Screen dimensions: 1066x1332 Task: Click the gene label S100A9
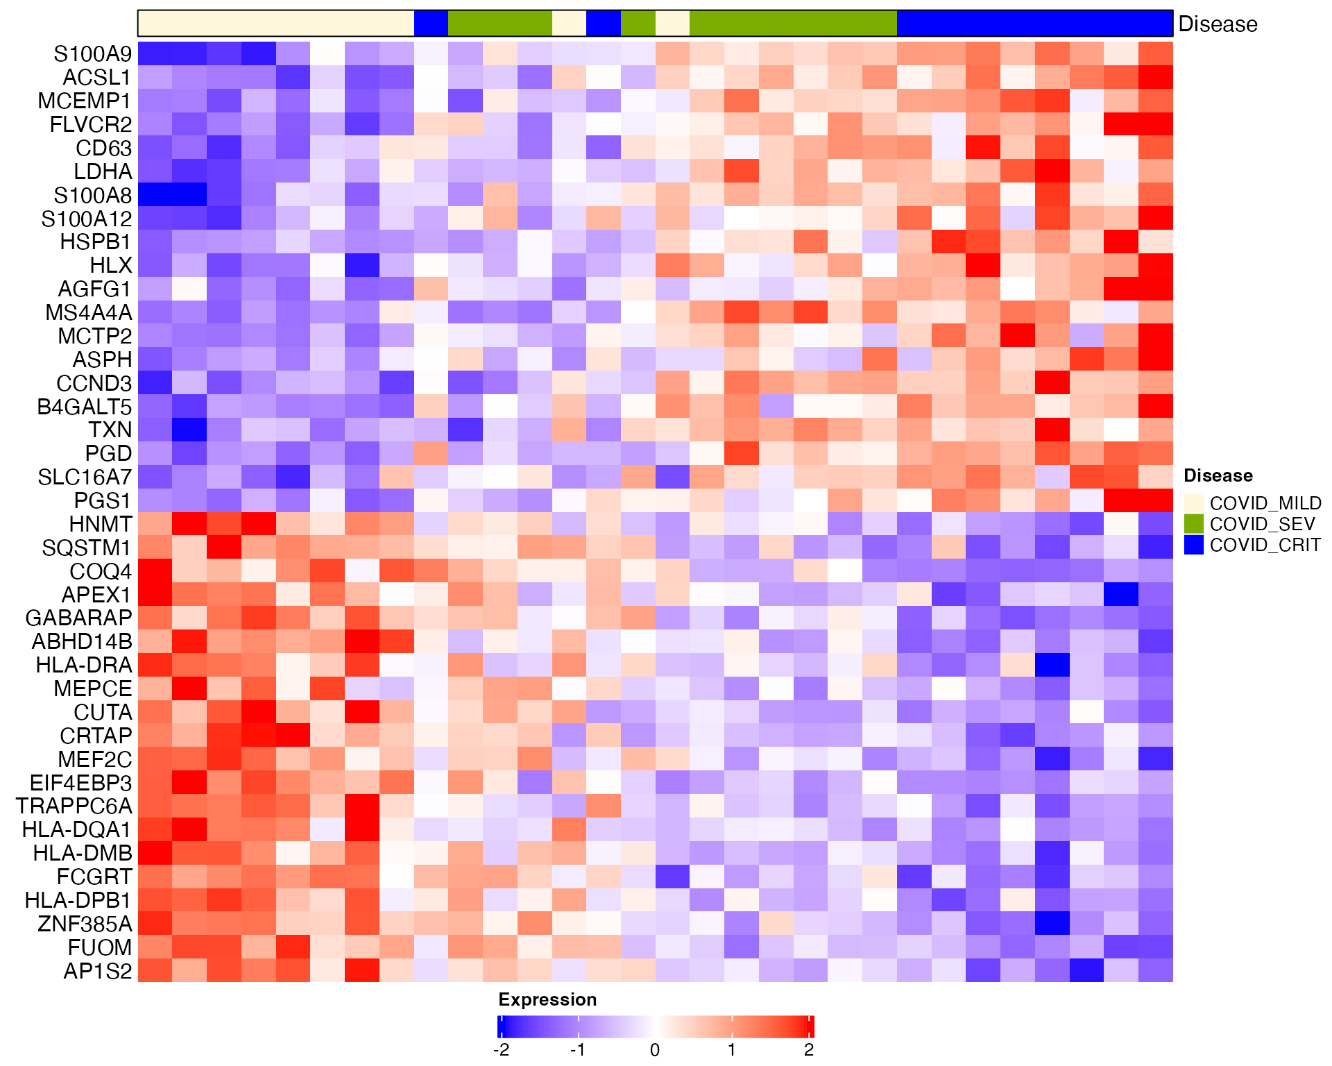click(x=92, y=54)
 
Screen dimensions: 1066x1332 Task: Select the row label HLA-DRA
click(x=84, y=665)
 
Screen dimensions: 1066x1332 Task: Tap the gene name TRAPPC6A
click(x=74, y=806)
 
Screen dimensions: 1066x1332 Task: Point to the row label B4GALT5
click(x=85, y=407)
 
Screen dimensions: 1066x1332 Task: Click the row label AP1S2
click(x=98, y=971)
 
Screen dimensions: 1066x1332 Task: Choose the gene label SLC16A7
click(x=85, y=477)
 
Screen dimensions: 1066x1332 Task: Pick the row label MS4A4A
click(x=89, y=312)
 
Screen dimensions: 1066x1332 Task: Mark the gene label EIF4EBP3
click(x=80, y=783)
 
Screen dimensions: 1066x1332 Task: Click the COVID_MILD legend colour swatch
click(x=1193, y=503)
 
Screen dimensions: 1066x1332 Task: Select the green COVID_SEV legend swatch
click(x=1193, y=524)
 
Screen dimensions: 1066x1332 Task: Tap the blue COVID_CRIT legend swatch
click(x=1193, y=545)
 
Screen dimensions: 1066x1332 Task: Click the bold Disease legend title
click(x=1218, y=475)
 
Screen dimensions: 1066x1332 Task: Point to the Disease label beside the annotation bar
click(x=1218, y=24)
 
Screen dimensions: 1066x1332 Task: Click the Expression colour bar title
click(x=547, y=999)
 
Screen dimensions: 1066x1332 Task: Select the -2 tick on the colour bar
click(x=501, y=1050)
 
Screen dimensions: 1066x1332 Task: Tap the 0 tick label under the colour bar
click(x=655, y=1050)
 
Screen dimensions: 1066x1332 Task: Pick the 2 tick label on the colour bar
click(x=809, y=1050)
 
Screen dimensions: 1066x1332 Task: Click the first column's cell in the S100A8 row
click(x=155, y=195)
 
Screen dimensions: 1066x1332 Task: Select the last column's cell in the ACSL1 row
click(x=1156, y=77)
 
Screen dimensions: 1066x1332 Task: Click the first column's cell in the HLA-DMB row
click(x=155, y=853)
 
